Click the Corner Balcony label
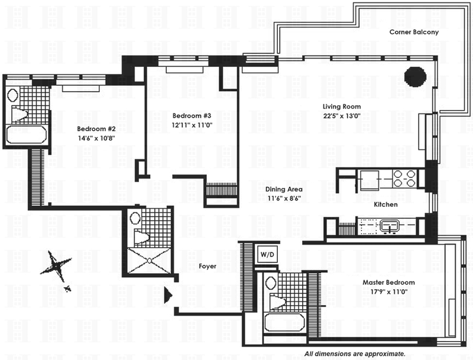tap(414, 33)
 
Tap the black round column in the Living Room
tap(415, 76)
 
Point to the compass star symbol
tap(58, 265)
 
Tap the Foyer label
tap(208, 267)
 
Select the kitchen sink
tap(390, 225)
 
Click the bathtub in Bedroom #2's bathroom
tap(27, 135)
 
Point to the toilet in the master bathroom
tap(276, 301)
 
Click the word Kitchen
tap(385, 205)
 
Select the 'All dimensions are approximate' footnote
tap(355, 353)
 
